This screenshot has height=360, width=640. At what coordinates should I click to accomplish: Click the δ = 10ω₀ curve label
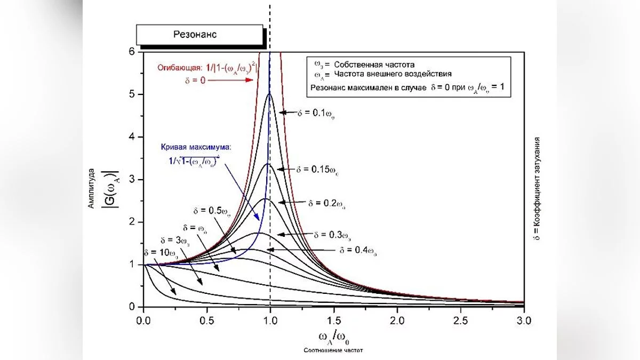click(160, 252)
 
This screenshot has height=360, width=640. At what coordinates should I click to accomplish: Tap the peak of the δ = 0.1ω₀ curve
click(269, 94)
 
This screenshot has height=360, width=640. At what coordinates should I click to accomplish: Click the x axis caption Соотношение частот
click(334, 350)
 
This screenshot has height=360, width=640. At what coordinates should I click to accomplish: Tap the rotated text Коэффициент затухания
click(538, 181)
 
